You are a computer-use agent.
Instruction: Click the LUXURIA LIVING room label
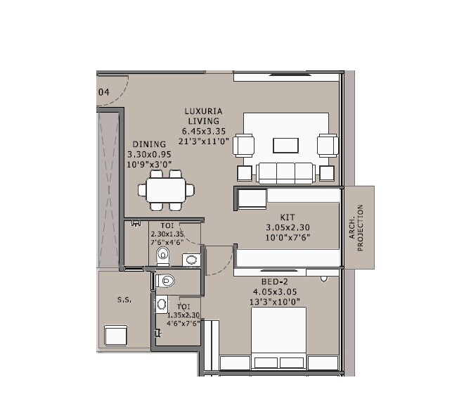tap(205, 115)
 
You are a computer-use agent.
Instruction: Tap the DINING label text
tap(148, 144)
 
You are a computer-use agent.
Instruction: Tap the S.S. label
tap(124, 299)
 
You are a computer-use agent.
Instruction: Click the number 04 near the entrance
tap(104, 91)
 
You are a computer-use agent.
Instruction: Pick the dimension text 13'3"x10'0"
tap(275, 302)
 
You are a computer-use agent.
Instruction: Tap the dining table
tap(167, 189)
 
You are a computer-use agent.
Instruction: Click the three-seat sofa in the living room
tap(285, 172)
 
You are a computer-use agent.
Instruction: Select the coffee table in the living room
tap(285, 145)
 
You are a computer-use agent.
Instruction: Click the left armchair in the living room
tap(245, 145)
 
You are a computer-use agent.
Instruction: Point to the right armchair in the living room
tap(326, 145)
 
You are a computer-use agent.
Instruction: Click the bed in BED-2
tap(278, 338)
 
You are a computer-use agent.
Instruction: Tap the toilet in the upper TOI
tap(163, 255)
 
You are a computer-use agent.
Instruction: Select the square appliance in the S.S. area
tap(115, 335)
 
